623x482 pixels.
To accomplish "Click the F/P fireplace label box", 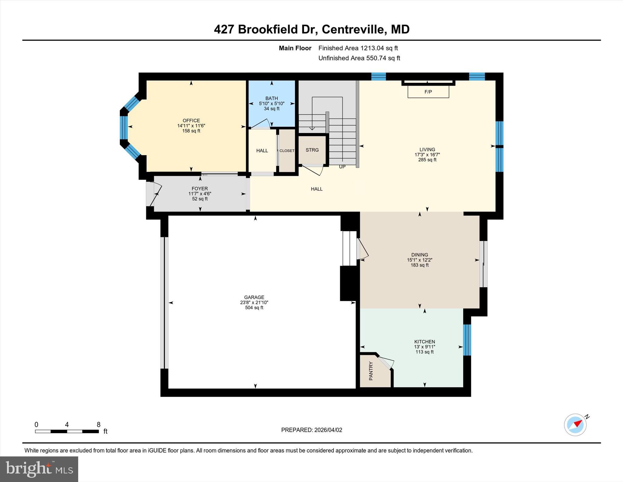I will (428, 92).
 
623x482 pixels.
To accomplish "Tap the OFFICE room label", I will (191, 121).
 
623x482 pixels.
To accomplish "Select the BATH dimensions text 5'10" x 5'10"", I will (271, 104).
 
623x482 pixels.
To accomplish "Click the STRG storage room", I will (312, 150).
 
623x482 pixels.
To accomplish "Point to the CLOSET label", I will (287, 151).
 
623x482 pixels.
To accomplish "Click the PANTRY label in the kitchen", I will (371, 371).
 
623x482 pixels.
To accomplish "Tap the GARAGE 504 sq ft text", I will (254, 308).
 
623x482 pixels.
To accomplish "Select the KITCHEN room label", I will (424, 342).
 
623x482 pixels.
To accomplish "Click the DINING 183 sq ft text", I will (419, 265).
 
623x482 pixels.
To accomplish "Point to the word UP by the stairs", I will (342, 167).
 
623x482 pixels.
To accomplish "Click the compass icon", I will (575, 425).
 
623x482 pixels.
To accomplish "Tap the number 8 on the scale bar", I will (98, 424).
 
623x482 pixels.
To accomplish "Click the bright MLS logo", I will (39, 469).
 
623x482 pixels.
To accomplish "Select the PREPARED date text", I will (311, 430).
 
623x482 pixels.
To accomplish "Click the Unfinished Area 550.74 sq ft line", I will (359, 58).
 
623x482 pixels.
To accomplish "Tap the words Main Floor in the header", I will (295, 48).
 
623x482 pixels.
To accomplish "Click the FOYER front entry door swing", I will (155, 193).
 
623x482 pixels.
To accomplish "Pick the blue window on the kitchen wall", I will (467, 340).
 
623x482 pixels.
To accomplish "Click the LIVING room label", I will (427, 150).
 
